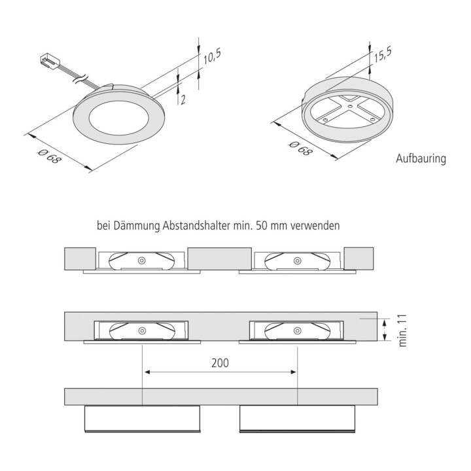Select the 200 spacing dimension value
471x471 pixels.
click(x=220, y=362)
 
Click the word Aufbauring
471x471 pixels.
click(x=421, y=159)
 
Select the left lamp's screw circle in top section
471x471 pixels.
click(x=141, y=260)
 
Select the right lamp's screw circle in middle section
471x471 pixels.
click(x=297, y=331)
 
